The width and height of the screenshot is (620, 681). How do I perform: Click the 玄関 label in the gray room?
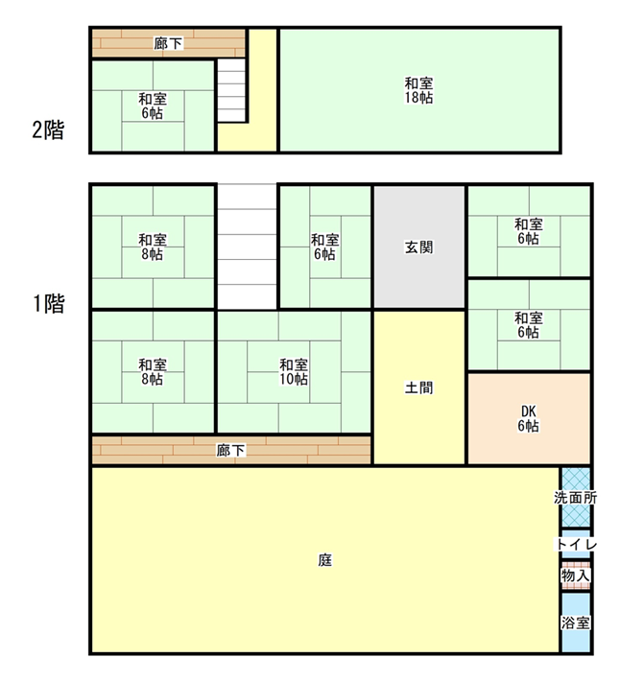point(418,247)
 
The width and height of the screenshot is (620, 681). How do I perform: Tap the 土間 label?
point(418,387)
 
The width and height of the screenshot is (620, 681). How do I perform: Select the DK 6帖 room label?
point(528,418)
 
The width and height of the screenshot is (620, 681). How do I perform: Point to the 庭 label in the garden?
point(325,560)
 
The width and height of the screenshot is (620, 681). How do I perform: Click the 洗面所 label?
point(576,498)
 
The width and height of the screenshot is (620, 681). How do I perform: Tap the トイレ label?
point(576,544)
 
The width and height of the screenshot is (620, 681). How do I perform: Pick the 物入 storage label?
point(576,575)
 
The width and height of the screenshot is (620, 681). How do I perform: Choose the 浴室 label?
point(576,623)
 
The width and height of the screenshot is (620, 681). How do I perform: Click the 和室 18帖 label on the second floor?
point(418,90)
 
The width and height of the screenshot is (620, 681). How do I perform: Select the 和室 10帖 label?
point(294,372)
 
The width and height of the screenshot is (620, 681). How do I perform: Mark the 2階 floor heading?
point(48,129)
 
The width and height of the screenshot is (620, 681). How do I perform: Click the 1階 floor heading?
point(49,303)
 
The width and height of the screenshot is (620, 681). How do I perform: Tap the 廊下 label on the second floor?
point(169,43)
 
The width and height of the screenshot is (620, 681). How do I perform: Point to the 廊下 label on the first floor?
point(231,450)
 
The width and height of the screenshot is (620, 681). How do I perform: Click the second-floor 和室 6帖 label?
point(153,106)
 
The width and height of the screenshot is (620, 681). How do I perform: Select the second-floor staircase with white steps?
point(231,90)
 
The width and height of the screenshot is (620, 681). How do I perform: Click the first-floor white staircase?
point(247,247)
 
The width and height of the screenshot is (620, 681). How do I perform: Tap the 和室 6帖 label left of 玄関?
point(325,247)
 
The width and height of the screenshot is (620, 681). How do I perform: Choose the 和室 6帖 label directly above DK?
point(528,325)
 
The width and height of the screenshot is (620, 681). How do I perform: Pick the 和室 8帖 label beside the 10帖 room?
point(153,372)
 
